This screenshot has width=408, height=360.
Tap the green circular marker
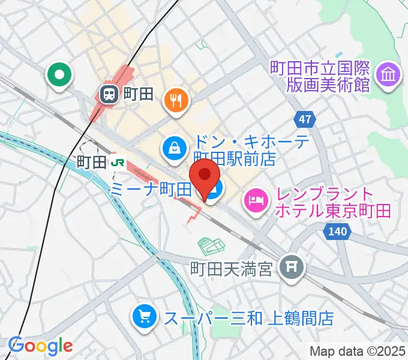[x=60, y=76]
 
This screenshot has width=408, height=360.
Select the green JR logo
[x=120, y=162]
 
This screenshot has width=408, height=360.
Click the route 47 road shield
[x=305, y=119]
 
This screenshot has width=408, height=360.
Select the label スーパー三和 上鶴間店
[x=249, y=317]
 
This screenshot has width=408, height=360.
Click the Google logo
[x=40, y=346]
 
